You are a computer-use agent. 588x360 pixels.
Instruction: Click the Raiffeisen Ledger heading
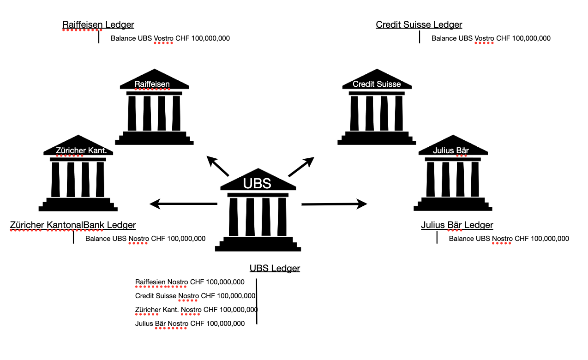[x=98, y=25]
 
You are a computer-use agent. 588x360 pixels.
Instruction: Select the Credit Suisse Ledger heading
[x=419, y=25]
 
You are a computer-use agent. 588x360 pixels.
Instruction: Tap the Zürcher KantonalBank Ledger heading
[x=73, y=225]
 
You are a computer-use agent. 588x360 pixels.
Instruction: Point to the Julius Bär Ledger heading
[x=457, y=225]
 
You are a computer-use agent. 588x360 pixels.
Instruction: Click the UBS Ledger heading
[x=275, y=268]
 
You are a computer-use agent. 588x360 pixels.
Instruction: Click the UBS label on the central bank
[x=257, y=183]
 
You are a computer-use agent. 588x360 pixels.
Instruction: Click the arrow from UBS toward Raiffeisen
[x=217, y=166]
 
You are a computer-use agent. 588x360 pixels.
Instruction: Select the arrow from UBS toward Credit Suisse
[x=301, y=166]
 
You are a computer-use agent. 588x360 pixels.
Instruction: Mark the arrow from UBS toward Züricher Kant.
[x=183, y=204]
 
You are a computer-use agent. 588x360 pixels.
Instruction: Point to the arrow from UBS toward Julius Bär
[x=334, y=204]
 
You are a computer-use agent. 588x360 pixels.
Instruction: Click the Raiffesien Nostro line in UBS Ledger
[x=190, y=282]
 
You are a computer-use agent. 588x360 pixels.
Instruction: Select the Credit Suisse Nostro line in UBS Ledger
[x=195, y=296]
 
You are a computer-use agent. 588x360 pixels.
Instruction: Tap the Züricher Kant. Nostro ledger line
[x=196, y=310]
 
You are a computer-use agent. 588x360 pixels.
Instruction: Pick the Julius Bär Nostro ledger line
[x=190, y=324]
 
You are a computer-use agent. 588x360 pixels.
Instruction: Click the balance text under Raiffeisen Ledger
[x=170, y=38]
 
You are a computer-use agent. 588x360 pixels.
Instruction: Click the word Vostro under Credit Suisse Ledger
[x=485, y=38]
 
